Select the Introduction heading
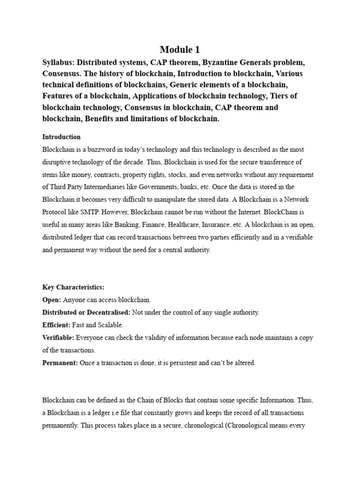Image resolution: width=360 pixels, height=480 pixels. (x=61, y=137)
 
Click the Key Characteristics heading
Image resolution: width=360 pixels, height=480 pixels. (x=74, y=287)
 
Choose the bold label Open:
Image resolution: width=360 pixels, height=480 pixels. (x=52, y=300)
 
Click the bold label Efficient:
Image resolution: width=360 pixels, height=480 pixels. (x=56, y=325)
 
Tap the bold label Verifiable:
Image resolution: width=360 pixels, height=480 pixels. (x=58, y=337)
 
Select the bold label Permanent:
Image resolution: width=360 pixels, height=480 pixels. (x=60, y=363)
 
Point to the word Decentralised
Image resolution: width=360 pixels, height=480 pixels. (x=111, y=313)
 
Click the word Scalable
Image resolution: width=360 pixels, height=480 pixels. (x=110, y=325)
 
